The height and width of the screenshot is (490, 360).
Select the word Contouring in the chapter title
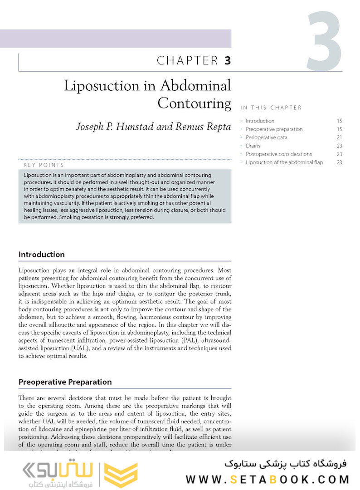[194, 103]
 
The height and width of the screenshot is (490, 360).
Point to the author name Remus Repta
[205, 127]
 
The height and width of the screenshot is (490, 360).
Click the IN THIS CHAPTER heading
[271, 108]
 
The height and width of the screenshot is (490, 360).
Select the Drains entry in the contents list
[253, 146]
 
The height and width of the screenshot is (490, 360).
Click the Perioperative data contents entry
[266, 137]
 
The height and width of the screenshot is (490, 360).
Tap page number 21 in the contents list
[339, 137]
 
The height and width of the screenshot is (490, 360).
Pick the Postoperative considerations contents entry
[278, 154]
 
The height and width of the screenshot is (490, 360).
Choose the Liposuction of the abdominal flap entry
[284, 162]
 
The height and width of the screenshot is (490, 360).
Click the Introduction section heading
[41, 255]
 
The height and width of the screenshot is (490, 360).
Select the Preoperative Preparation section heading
[65, 382]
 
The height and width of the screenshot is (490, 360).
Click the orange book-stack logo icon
[121, 475]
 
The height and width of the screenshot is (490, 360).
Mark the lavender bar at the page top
[116, 39]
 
